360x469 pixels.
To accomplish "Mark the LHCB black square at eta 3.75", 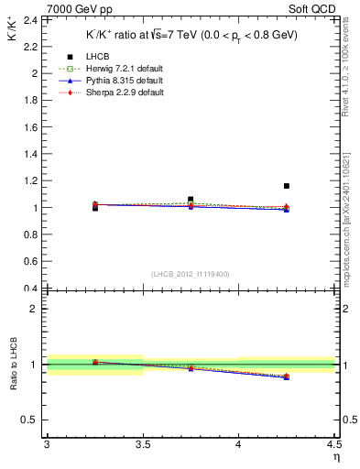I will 191,199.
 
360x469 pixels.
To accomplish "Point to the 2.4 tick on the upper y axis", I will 31,19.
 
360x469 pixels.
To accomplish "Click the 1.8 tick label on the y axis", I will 31,100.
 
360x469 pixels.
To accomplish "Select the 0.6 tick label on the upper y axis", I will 31,261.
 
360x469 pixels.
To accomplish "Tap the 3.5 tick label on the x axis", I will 142,444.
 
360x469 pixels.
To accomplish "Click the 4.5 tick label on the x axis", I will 333,444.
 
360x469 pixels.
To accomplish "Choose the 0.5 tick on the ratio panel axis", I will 31,420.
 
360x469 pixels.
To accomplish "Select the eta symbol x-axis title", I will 335,456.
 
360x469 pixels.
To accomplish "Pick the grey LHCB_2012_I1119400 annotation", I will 190,274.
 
